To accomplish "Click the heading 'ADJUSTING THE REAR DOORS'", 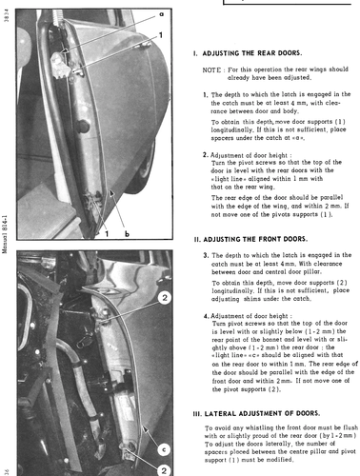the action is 252,53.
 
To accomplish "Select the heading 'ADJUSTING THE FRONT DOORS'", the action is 255,239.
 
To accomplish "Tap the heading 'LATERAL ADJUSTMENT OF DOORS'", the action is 262,413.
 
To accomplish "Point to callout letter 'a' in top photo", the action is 161,14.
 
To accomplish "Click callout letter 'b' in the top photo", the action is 127,234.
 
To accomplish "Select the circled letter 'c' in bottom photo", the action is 164,449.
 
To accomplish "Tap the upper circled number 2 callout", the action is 165,298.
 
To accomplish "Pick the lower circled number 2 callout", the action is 164,470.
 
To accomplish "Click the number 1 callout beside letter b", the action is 107,234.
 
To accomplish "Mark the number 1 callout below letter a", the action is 161,35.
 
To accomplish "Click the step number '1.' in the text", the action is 206,94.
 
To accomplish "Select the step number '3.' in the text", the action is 206,255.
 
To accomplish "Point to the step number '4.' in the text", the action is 207,316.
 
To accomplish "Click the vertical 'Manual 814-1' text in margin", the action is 5,234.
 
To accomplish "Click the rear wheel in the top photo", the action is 145,169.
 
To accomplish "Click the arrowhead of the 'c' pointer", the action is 145,429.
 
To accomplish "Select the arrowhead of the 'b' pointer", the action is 111,192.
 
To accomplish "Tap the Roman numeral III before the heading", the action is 197,414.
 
